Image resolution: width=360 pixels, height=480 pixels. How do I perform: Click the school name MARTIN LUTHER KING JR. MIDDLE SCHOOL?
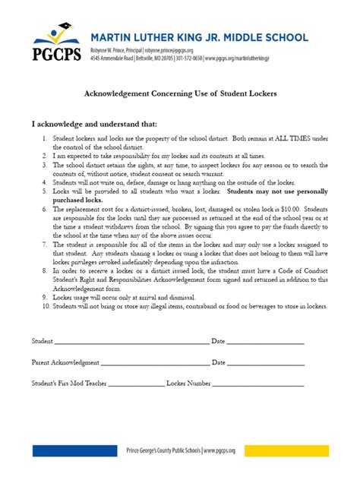pyautogui.click(x=199, y=37)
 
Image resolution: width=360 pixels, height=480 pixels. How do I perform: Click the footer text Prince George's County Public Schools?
pyautogui.click(x=163, y=450)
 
